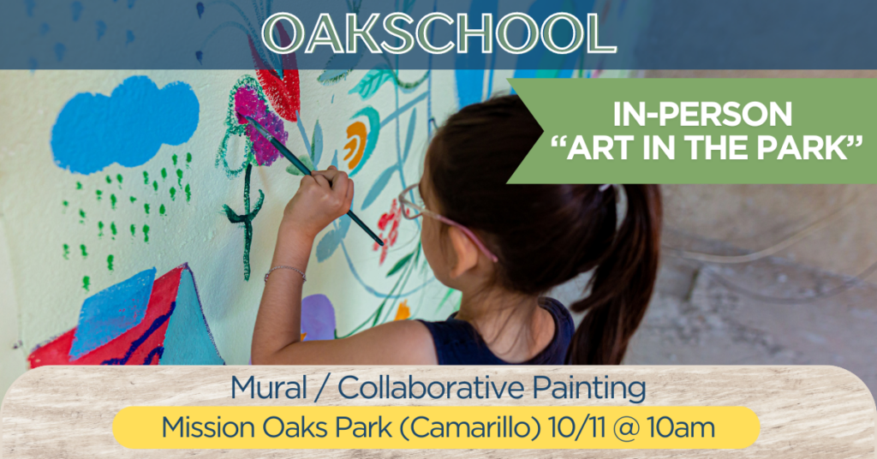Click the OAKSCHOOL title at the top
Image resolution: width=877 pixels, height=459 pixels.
click(438, 33)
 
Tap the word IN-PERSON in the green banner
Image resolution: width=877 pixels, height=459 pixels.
click(702, 115)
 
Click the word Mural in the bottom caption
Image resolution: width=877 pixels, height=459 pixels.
click(268, 388)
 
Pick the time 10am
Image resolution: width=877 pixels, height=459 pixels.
click(681, 428)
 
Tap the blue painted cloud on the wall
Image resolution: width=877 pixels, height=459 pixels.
click(124, 124)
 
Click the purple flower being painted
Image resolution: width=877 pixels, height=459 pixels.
click(260, 126)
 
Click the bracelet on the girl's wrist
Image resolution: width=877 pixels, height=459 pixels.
click(285, 271)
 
